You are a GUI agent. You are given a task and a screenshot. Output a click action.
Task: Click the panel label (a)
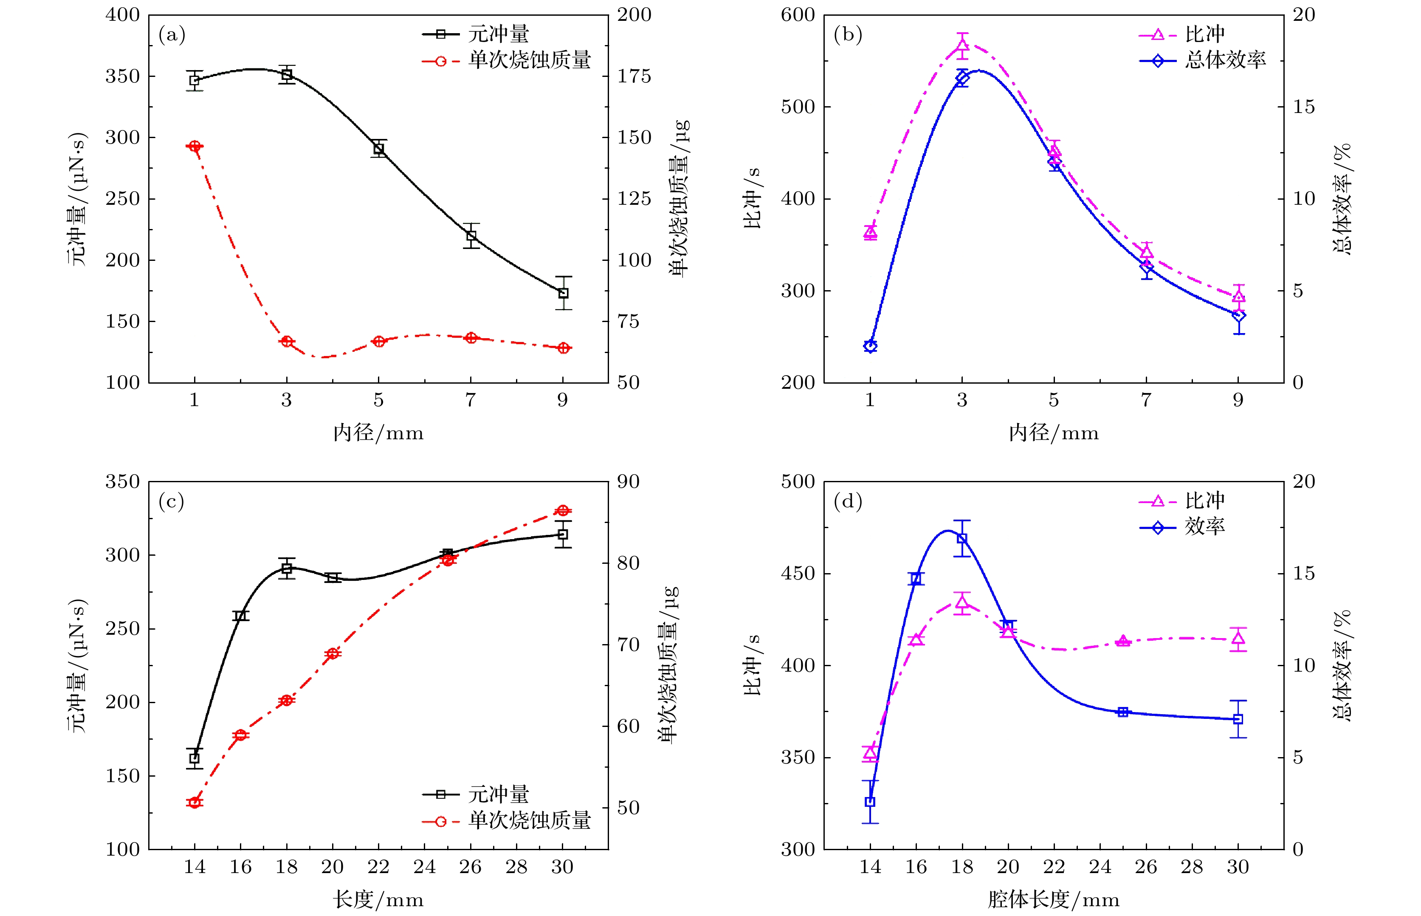click(172, 35)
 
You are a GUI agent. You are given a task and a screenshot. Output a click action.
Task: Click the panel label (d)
click(848, 501)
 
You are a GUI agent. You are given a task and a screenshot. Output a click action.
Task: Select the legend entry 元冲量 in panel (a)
click(498, 34)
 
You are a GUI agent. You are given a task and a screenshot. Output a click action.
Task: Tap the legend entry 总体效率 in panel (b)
click(1225, 60)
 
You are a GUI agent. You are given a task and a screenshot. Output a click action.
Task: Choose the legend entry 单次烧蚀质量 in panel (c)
click(529, 821)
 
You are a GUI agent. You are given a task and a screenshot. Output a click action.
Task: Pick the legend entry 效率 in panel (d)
click(1204, 526)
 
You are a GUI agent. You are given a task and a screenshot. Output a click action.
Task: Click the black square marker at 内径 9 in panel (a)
click(563, 293)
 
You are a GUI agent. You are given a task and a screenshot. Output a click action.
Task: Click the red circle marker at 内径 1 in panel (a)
click(195, 146)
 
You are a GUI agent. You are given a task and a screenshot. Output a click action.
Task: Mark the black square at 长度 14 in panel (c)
click(195, 758)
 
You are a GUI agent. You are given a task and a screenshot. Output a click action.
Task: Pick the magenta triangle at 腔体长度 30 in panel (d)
click(1238, 639)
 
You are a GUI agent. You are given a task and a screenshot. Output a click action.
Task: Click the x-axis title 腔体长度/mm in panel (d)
click(1054, 899)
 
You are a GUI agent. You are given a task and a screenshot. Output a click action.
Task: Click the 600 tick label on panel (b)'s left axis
click(798, 15)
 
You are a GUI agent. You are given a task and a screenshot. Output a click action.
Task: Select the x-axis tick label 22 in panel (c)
click(378, 867)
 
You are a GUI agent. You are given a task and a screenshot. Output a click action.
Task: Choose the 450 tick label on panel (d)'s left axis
click(798, 574)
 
